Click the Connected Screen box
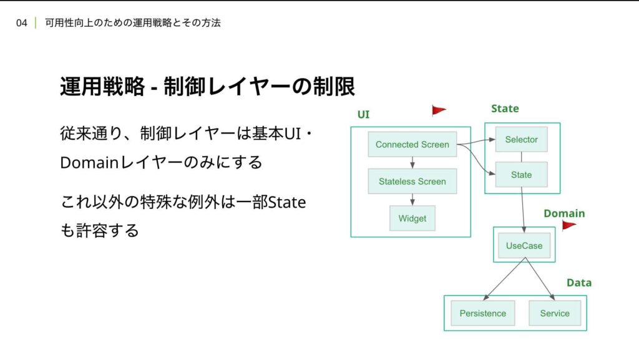[412, 144]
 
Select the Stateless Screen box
[412, 181]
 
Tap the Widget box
[412, 218]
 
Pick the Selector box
[521, 139]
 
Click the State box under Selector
[521, 175]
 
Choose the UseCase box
[524, 246]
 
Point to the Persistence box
[483, 313]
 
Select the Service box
[555, 313]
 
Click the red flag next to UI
[439, 110]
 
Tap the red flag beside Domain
[569, 225]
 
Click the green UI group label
[363, 114]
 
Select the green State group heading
[505, 109]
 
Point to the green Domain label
[564, 213]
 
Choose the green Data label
[579, 283]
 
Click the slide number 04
[22, 23]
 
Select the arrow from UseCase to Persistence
[504, 279]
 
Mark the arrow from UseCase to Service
[540, 279]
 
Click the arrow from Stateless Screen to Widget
[412, 200]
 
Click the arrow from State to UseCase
[523, 210]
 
